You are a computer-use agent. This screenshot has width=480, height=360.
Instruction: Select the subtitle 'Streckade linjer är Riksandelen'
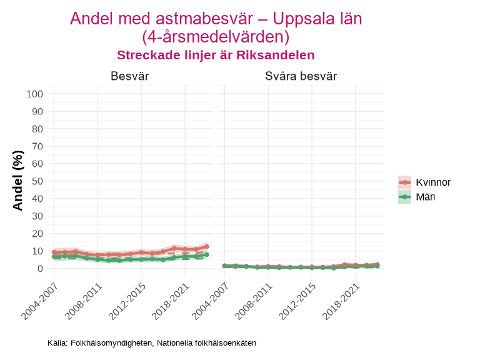[216, 55]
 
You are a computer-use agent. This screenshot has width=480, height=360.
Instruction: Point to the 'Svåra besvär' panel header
[301, 76]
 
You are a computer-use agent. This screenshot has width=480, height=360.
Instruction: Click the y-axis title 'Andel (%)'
[18, 180]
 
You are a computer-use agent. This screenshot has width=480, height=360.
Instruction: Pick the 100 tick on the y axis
[35, 94]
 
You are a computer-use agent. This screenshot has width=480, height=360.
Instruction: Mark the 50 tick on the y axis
[37, 181]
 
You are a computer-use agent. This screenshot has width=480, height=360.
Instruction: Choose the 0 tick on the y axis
[39, 269]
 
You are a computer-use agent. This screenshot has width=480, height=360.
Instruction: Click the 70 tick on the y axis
[37, 146]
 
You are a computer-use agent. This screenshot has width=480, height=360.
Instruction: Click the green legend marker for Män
[405, 197]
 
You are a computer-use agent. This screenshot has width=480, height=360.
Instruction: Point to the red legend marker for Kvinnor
[405, 182]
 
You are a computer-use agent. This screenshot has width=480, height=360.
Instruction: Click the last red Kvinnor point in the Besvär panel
[207, 247]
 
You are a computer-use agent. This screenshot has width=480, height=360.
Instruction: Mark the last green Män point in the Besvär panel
[207, 254]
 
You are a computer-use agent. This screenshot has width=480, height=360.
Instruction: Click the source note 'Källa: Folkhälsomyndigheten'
[152, 343]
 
